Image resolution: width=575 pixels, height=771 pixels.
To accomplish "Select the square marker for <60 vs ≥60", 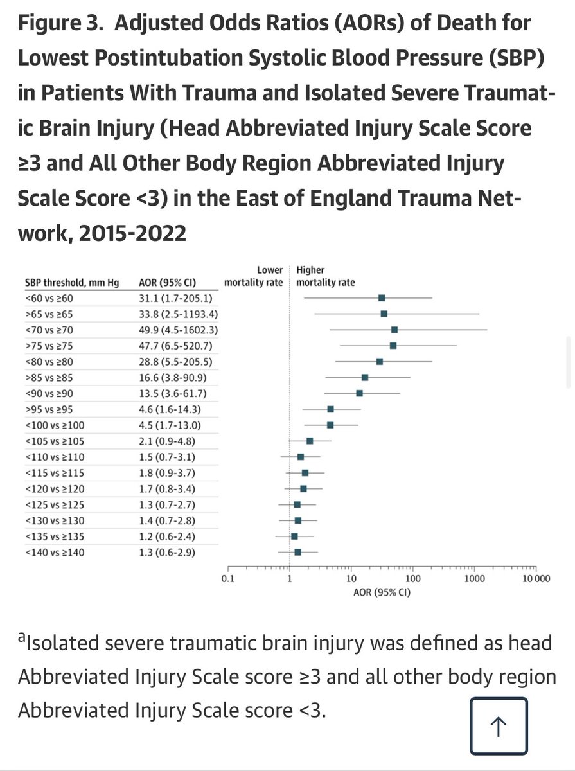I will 382,298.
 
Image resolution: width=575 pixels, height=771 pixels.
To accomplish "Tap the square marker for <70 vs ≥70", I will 394,330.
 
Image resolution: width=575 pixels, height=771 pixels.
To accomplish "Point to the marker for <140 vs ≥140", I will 297,553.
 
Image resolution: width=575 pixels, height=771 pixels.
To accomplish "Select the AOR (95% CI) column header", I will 168,283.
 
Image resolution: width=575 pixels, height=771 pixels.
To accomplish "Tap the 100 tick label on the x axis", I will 412,578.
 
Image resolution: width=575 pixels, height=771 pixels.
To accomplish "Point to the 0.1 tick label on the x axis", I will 227,578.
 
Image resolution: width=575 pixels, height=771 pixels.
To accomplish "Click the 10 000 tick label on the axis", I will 535,578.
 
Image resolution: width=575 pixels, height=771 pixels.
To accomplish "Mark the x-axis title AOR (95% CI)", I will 382,592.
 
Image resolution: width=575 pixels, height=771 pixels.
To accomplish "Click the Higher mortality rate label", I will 325,277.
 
